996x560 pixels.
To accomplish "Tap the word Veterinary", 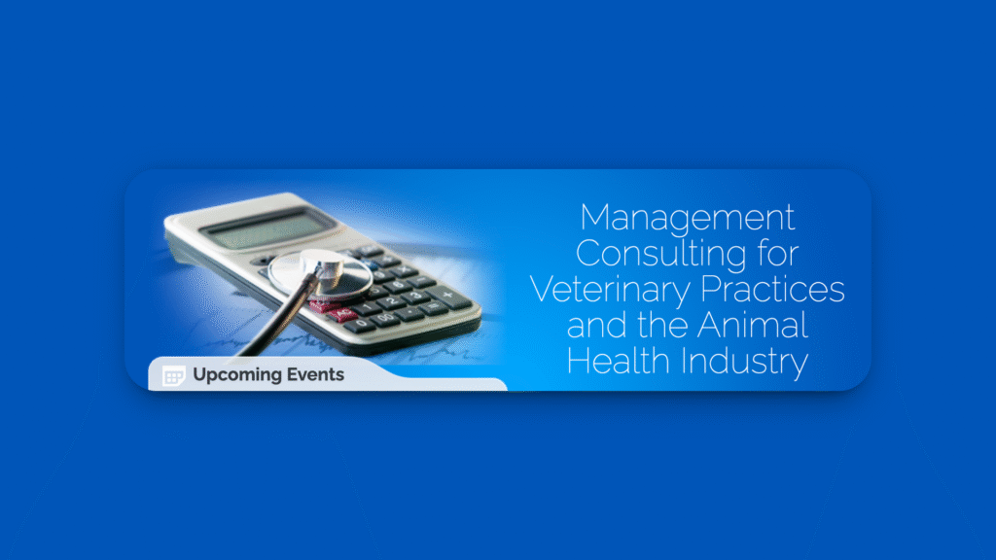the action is (x=610, y=291).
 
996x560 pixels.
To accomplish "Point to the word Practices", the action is (x=772, y=289).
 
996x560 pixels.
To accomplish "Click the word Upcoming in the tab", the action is (x=235, y=375).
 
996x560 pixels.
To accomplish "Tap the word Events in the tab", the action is (x=315, y=374).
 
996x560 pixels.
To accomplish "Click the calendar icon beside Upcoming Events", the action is (x=173, y=376).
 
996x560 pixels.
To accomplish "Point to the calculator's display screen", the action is (x=268, y=227).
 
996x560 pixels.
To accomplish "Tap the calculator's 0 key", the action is (x=360, y=325).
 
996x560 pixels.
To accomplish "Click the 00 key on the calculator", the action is (x=386, y=318).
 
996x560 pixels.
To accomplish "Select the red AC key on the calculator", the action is (x=342, y=314).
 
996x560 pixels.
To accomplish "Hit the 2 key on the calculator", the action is (x=393, y=301).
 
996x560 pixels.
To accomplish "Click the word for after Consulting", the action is (x=778, y=254).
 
